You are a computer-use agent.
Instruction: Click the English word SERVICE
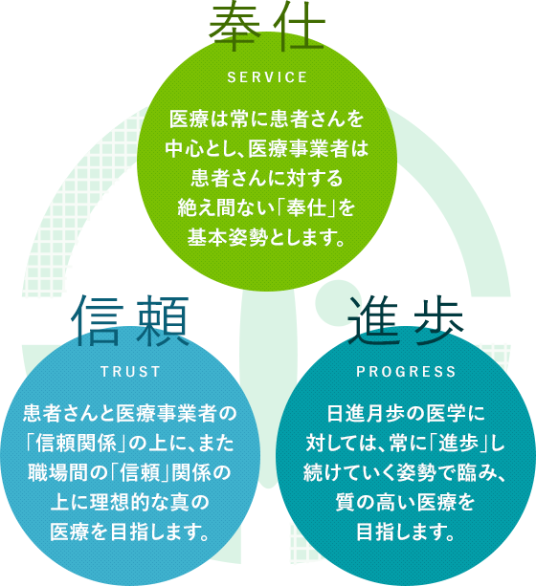coord(267,77)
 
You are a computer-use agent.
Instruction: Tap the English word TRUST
coord(130,372)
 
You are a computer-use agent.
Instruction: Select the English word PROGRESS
coord(406,372)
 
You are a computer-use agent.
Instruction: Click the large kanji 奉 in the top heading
coord(235,29)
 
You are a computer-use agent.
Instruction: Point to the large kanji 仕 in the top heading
coord(299,29)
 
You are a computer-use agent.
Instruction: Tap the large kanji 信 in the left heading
coord(98,320)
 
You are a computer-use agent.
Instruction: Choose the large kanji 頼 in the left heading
coord(162,320)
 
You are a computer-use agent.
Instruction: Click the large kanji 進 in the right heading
coord(373,320)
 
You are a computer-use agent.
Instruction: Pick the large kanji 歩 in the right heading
coord(438,320)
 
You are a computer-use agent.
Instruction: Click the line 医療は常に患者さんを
coord(267,119)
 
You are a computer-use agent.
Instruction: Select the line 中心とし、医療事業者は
coord(267,148)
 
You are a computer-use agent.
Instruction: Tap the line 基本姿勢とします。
coord(267,237)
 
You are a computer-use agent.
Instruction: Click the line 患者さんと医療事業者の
coord(130,414)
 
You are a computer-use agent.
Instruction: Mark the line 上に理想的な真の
coord(130,503)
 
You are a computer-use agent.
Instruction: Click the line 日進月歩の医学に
coord(406,414)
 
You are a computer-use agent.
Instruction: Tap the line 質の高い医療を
coord(406,503)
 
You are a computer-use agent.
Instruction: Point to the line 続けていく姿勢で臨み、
coord(406,473)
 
